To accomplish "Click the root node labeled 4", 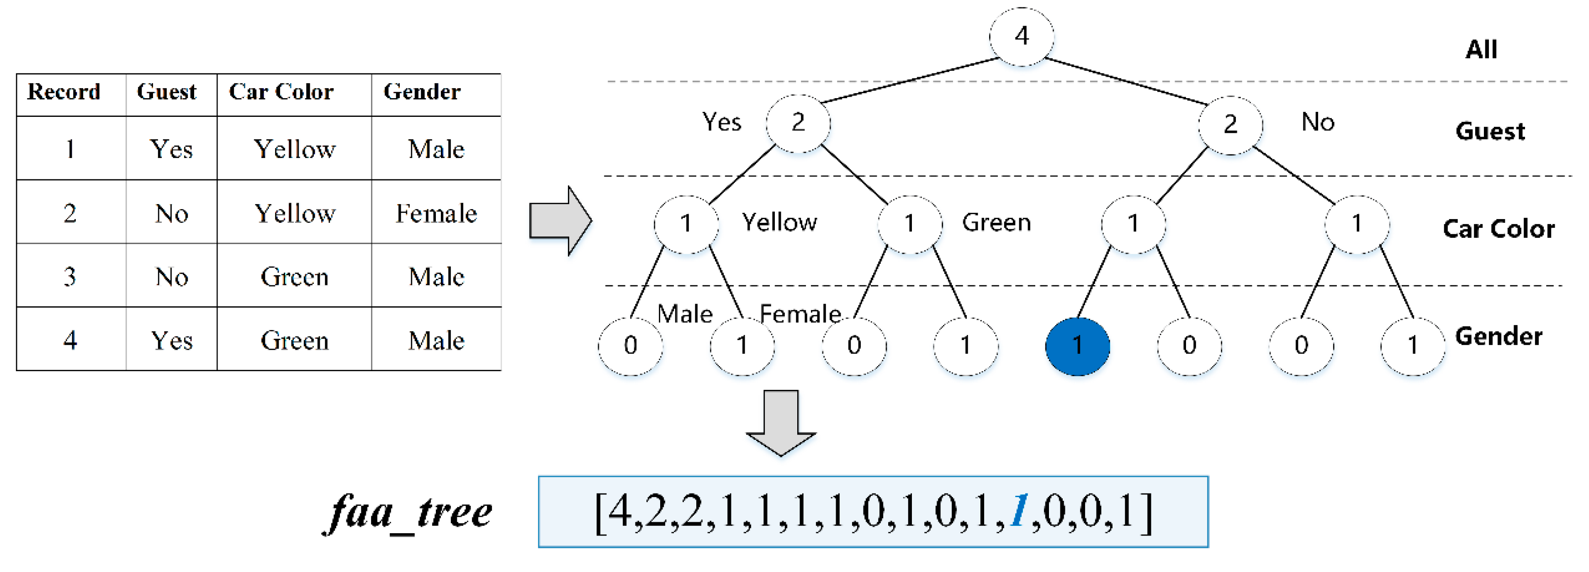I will pyautogui.click(x=1021, y=37).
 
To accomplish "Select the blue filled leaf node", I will pyautogui.click(x=1077, y=346).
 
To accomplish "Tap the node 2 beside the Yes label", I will pyautogui.click(x=798, y=123).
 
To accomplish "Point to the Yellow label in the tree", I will pyautogui.click(x=779, y=222).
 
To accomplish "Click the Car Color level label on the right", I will pyautogui.click(x=1499, y=229).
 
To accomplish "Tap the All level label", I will pyautogui.click(x=1481, y=49).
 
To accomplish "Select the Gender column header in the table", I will pyautogui.click(x=422, y=92).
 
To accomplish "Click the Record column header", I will pyautogui.click(x=64, y=92).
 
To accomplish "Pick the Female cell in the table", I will pyautogui.click(x=436, y=213).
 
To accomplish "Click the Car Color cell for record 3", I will pyautogui.click(x=294, y=277).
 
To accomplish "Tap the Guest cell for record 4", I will pyautogui.click(x=171, y=340).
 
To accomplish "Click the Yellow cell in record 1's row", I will pyautogui.click(x=294, y=149).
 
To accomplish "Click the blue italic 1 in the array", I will pyautogui.click(x=1019, y=512).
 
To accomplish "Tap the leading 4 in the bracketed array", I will pyautogui.click(x=620, y=512).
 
